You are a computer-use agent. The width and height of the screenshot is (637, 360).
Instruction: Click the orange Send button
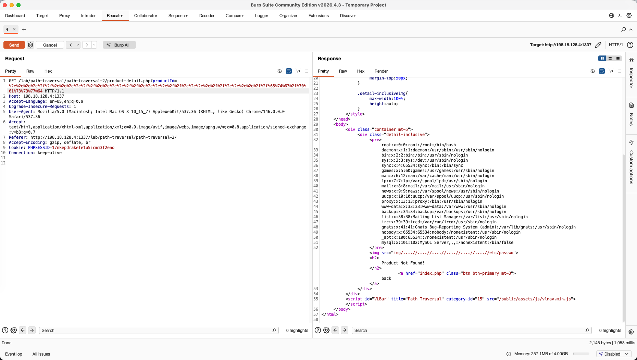pyautogui.click(x=14, y=45)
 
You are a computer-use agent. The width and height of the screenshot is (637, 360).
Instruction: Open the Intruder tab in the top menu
pyautogui.click(x=88, y=16)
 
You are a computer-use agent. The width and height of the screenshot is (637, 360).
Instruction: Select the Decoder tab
pyautogui.click(x=207, y=16)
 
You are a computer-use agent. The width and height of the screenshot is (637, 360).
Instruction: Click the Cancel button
pyautogui.click(x=50, y=45)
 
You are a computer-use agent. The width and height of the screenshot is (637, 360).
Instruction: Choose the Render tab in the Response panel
pyautogui.click(x=381, y=71)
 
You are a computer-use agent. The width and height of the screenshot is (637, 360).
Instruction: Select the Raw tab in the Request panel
pyautogui.click(x=30, y=71)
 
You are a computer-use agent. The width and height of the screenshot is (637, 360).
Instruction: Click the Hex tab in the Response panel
pyautogui.click(x=361, y=71)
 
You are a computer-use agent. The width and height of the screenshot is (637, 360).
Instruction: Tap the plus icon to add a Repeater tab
pyautogui.click(x=24, y=29)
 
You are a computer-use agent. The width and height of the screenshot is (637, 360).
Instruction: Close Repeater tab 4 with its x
pyautogui.click(x=14, y=29)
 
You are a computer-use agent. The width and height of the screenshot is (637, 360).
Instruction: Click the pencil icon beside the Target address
pyautogui.click(x=598, y=45)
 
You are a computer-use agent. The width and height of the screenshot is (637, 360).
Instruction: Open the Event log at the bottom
pyautogui.click(x=14, y=354)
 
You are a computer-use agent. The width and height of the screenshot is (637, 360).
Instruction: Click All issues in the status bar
pyautogui.click(x=41, y=354)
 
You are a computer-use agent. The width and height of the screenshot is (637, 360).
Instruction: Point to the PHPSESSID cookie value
pyautogui.click(x=83, y=148)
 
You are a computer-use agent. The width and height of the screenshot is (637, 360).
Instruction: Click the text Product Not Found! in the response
pyautogui.click(x=403, y=263)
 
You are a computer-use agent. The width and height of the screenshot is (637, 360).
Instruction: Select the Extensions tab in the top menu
pyautogui.click(x=318, y=16)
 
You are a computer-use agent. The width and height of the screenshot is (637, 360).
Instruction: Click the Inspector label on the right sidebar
pyautogui.click(x=631, y=78)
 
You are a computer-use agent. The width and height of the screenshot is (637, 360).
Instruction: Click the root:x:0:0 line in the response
pyautogui.click(x=419, y=145)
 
